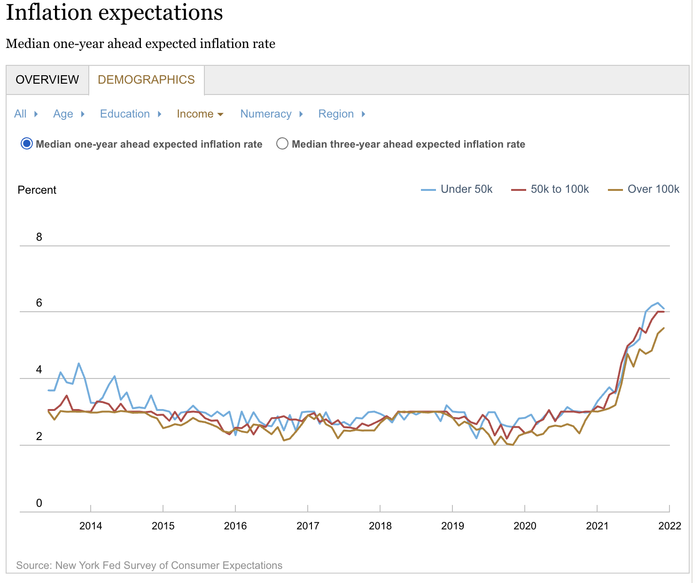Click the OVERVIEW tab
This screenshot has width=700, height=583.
point(47,79)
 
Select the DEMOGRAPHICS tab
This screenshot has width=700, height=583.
point(146,79)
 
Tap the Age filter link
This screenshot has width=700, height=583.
point(63,114)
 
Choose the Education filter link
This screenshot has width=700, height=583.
point(125,114)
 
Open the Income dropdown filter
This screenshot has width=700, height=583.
point(200,114)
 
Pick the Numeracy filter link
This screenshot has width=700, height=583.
point(266,114)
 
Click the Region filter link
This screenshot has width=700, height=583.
point(336,114)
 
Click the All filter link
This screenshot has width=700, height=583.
point(20,114)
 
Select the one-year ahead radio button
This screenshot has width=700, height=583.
point(27,144)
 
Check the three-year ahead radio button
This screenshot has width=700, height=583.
point(282,144)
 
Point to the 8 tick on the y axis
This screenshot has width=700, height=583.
point(39,237)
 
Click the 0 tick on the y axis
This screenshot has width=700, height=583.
point(39,503)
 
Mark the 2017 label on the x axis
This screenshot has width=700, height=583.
point(308,526)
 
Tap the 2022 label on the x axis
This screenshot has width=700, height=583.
point(669,526)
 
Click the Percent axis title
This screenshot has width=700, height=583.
point(37,190)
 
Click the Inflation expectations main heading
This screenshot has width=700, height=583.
point(114,12)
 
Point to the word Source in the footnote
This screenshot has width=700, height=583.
point(33,565)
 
